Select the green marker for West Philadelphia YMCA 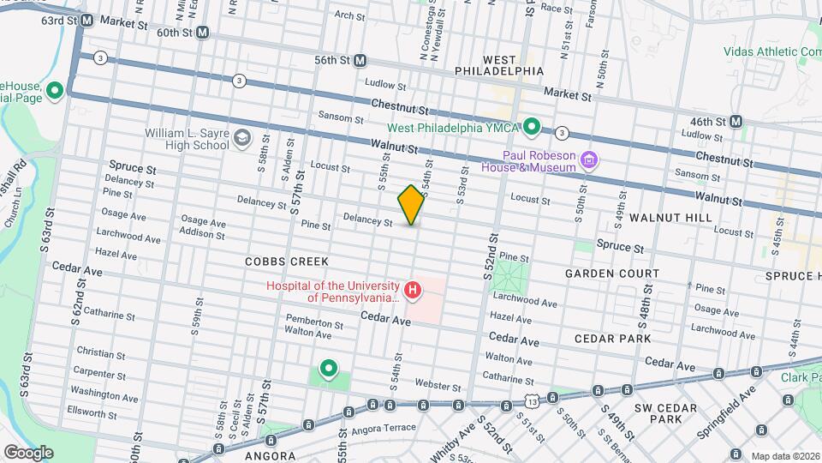click(531, 128)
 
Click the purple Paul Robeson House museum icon click(588, 159)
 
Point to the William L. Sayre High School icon click(242, 137)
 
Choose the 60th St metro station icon click(202, 33)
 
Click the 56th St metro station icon click(360, 61)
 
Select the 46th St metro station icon click(736, 122)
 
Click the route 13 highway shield click(533, 400)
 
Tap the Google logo click(27, 452)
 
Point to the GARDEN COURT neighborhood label click(611, 274)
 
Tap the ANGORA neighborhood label click(271, 456)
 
